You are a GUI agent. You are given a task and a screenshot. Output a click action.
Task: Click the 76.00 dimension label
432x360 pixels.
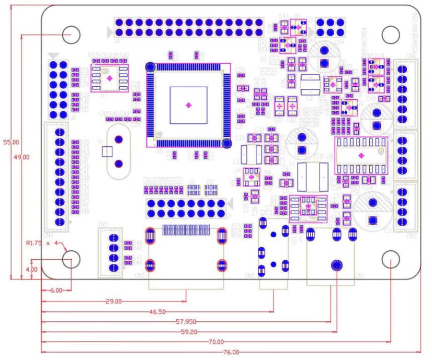coord(231,352)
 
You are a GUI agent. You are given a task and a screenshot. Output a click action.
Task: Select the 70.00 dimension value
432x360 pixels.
coord(215,342)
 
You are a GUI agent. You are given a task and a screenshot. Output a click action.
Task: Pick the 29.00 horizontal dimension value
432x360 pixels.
coord(113,301)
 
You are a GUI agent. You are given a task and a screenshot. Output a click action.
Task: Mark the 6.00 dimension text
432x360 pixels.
coord(56,290)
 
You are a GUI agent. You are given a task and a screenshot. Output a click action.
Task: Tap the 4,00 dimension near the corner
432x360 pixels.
coord(31,269)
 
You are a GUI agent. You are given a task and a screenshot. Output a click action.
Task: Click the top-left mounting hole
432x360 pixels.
coord(71,34)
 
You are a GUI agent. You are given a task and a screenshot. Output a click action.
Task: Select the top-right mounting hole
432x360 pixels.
coord(390,34)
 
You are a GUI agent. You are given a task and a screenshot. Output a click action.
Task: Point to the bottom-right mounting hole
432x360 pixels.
coord(390,260)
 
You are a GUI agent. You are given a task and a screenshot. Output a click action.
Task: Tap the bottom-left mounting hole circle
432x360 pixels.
coord(71,260)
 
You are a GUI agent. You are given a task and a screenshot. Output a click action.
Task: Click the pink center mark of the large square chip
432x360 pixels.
coord(188,105)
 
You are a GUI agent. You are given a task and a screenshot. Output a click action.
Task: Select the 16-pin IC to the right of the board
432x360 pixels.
coord(361,155)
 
